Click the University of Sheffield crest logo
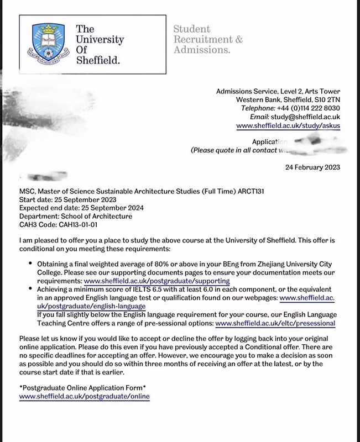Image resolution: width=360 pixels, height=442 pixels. [47, 44]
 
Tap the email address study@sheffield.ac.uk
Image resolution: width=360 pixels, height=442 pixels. [312, 117]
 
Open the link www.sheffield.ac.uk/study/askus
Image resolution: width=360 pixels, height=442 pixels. [288, 126]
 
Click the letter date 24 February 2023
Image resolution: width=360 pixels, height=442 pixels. [312, 167]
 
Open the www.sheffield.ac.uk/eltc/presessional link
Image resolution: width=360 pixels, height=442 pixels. [275, 323]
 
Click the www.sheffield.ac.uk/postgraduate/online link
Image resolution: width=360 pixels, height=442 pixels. [84, 397]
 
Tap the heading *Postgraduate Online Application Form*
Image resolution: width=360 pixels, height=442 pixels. [82, 388]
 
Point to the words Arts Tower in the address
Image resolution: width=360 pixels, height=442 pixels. [321, 91]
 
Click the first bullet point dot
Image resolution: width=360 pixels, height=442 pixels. [29, 265]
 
